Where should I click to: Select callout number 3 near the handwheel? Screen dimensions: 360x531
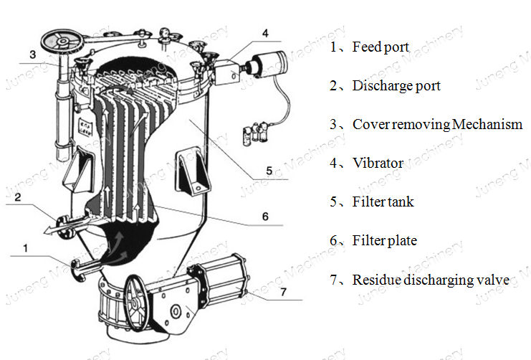coord(32,54)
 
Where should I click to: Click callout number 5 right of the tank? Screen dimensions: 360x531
coord(268,171)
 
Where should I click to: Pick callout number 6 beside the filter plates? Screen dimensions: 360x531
coord(264,215)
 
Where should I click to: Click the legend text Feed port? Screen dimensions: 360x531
coord(381,47)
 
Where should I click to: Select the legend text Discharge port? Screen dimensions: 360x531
coord(396,86)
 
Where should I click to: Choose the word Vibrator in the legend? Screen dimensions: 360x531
coord(378,164)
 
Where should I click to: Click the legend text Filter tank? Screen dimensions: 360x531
coord(383,202)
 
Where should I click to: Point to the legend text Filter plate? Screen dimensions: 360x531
coord(384,241)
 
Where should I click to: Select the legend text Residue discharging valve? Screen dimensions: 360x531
coord(431,280)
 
